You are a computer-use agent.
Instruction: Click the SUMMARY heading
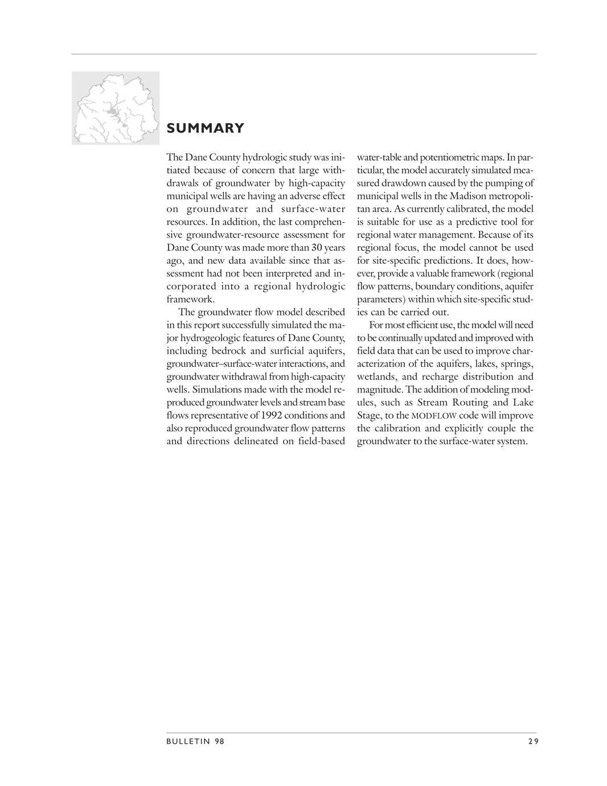click(205, 128)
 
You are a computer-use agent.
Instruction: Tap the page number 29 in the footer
click(532, 741)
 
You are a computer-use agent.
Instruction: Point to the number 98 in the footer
click(220, 741)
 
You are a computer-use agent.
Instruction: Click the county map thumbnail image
click(116, 108)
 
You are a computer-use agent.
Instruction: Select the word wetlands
click(377, 376)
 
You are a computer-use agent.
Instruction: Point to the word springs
click(517, 364)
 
